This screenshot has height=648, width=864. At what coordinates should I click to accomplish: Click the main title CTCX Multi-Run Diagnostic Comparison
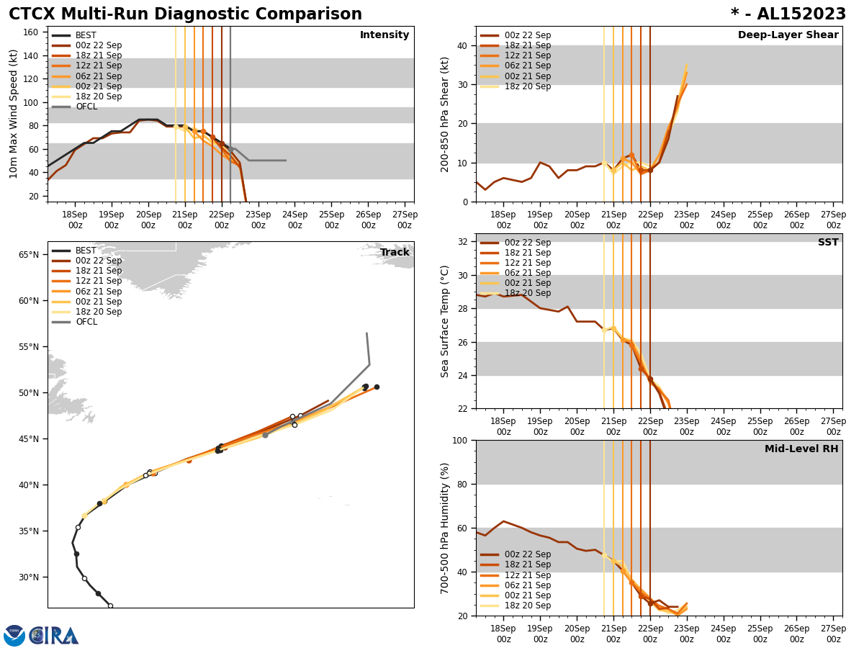click(x=185, y=14)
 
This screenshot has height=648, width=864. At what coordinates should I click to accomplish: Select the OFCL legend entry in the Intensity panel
click(x=86, y=107)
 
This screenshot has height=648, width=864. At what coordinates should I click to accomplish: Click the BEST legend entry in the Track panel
click(x=86, y=251)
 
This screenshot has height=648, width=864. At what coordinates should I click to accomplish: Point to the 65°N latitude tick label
click(x=30, y=254)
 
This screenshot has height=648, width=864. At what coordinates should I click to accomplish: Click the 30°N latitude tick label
click(x=30, y=577)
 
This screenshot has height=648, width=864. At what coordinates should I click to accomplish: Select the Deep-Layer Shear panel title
click(x=788, y=35)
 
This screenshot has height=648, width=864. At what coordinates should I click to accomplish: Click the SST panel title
click(x=828, y=243)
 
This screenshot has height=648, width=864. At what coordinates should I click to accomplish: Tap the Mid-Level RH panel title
click(x=801, y=449)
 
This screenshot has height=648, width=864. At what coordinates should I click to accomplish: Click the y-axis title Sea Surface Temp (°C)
click(x=446, y=321)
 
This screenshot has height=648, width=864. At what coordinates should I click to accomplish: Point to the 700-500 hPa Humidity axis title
click(x=446, y=528)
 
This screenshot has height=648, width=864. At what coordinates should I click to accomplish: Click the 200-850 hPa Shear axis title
click(x=446, y=114)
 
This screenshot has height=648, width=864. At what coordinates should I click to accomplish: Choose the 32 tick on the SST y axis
click(x=463, y=242)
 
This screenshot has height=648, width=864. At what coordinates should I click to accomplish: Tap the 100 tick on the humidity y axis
click(x=460, y=440)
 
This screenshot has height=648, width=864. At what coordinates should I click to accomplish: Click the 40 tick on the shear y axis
click(x=463, y=45)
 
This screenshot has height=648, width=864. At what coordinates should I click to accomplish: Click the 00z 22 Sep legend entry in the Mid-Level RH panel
click(x=528, y=554)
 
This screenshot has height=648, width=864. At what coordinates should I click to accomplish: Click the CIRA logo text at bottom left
click(x=55, y=635)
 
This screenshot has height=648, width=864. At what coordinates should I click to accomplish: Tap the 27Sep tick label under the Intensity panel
click(x=405, y=220)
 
